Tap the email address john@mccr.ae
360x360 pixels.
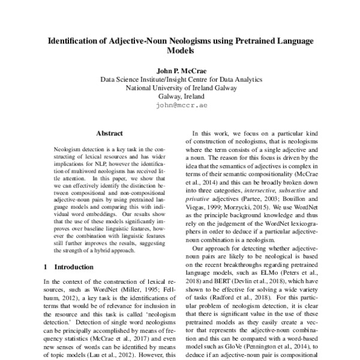click(x=181, y=105)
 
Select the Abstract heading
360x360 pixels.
click(x=109, y=133)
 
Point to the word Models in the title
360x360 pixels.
click(x=181, y=52)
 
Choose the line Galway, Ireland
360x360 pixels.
click(x=181, y=96)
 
